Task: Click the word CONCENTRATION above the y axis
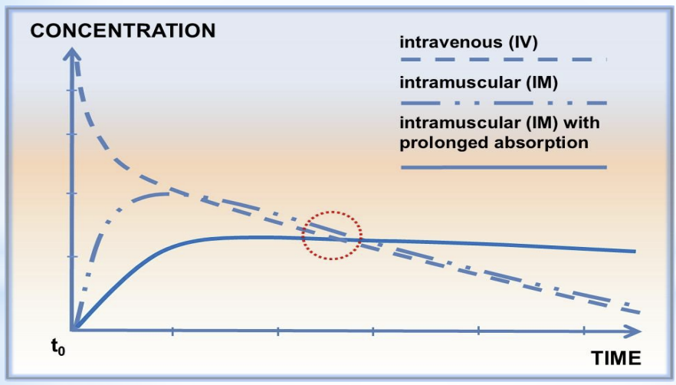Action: (123, 31)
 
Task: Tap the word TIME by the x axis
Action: (616, 358)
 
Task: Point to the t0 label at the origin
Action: (57, 347)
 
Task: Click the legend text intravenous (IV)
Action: (468, 42)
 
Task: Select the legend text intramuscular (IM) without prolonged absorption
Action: (478, 82)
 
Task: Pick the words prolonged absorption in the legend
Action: (494, 143)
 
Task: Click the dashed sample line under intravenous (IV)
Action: (504, 60)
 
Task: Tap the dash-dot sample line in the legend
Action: (504, 104)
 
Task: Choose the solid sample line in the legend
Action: (504, 167)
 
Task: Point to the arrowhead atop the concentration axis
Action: (73, 54)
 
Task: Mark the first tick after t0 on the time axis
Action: (173, 331)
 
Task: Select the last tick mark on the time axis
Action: (584, 331)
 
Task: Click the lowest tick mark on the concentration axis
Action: (72, 256)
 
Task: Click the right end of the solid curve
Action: (635, 251)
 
